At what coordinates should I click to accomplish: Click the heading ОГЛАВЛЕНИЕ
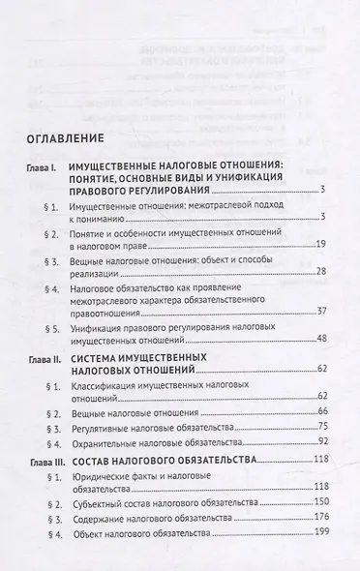pyautogui.click(x=68, y=137)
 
